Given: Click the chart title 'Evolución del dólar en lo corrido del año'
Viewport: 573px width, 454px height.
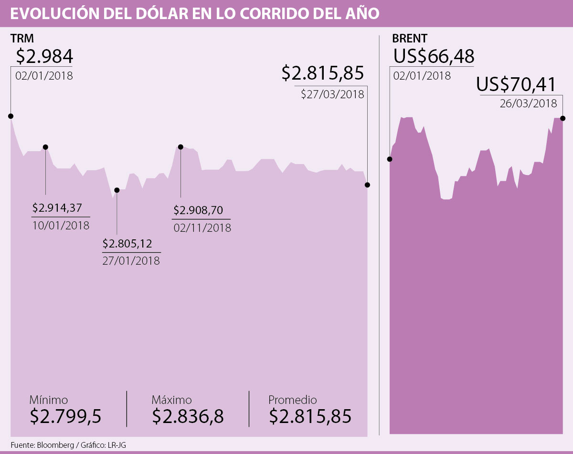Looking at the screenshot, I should click(x=194, y=13).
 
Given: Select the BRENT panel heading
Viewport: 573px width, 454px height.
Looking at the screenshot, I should click(x=409, y=39).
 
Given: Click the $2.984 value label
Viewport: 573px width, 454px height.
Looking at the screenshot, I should click(x=44, y=57).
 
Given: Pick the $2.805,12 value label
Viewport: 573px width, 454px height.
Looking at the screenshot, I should click(x=127, y=244).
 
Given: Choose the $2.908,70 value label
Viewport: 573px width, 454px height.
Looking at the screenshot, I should click(x=198, y=210).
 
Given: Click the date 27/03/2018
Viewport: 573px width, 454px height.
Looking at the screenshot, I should click(x=333, y=94).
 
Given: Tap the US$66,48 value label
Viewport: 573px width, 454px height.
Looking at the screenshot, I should click(x=434, y=57).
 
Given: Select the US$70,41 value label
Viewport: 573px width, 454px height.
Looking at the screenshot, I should click(x=516, y=85).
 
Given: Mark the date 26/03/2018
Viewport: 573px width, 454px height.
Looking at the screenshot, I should click(x=529, y=103).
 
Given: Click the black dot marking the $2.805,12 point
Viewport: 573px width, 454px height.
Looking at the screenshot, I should click(x=117, y=190).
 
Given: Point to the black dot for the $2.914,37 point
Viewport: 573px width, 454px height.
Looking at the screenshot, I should click(x=46, y=147).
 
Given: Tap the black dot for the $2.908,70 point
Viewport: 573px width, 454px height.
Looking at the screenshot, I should click(x=180, y=147).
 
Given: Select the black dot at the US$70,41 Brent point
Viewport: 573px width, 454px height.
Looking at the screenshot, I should click(x=563, y=118).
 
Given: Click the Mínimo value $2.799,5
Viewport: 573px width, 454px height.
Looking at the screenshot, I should click(x=65, y=416).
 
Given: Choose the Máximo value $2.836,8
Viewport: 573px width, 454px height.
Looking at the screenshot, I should click(x=188, y=416).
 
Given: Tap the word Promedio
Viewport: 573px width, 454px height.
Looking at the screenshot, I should click(x=292, y=400).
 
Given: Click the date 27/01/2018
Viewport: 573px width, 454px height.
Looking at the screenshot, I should click(x=131, y=261).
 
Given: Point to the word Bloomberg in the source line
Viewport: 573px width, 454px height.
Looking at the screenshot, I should click(x=53, y=445).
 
